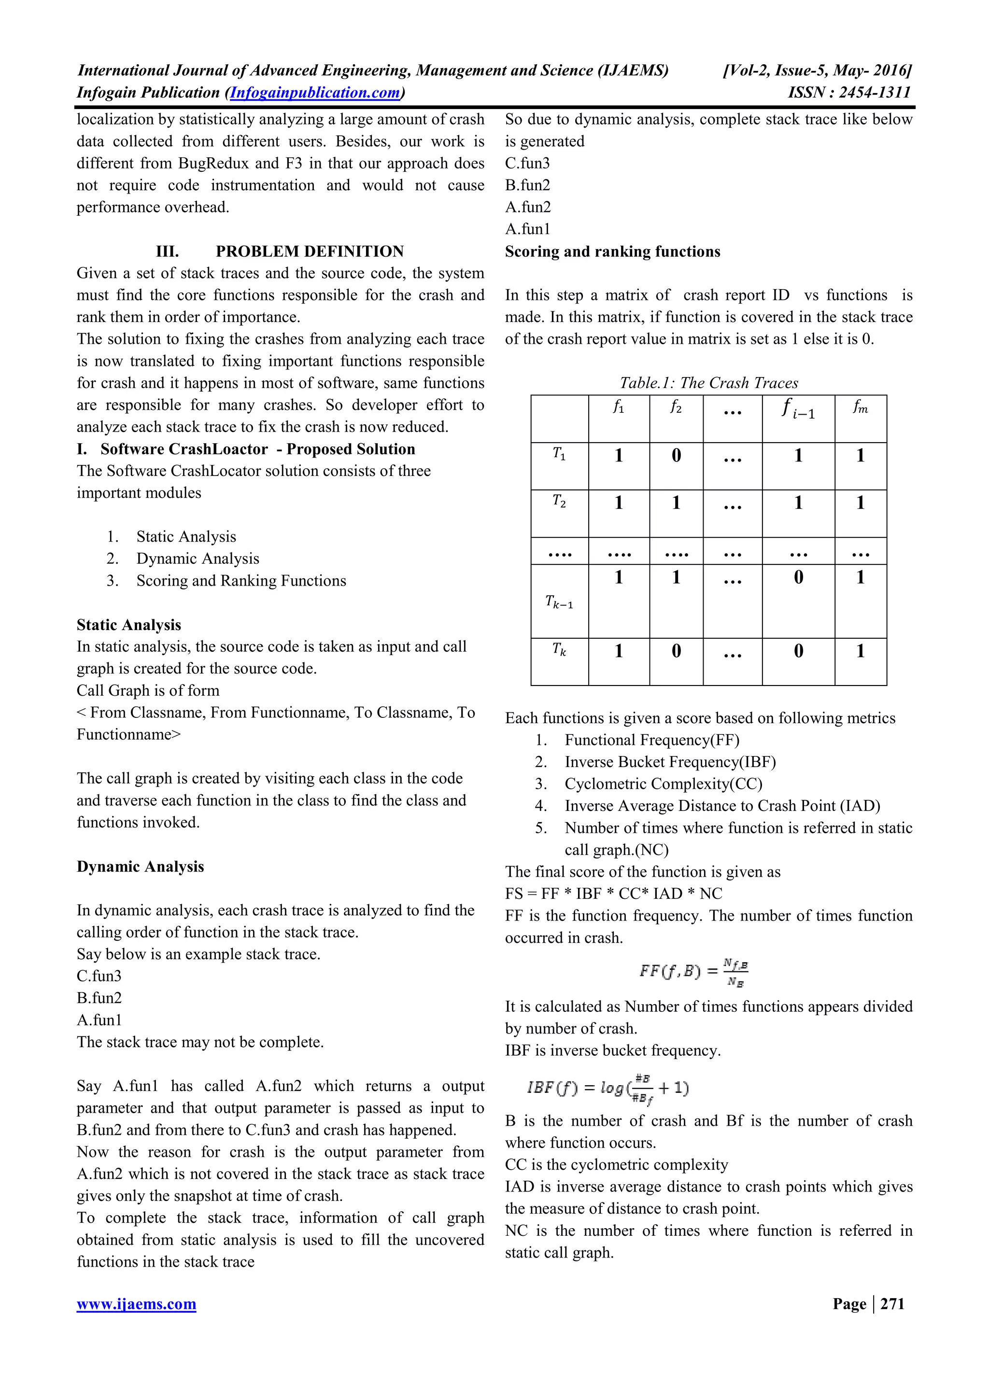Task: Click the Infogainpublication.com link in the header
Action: click(x=315, y=93)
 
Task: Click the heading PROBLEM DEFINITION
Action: click(x=310, y=251)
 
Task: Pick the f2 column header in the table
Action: click(x=676, y=407)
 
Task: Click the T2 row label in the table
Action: click(x=559, y=502)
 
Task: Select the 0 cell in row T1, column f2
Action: click(x=676, y=455)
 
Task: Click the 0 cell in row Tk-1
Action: click(x=798, y=577)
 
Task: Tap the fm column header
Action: click(x=860, y=407)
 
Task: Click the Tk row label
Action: click(x=559, y=650)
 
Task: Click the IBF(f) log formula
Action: click(x=608, y=1088)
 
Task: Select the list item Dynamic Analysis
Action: click(x=198, y=558)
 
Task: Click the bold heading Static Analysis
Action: click(x=128, y=625)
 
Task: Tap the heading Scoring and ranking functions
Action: click(x=612, y=251)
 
